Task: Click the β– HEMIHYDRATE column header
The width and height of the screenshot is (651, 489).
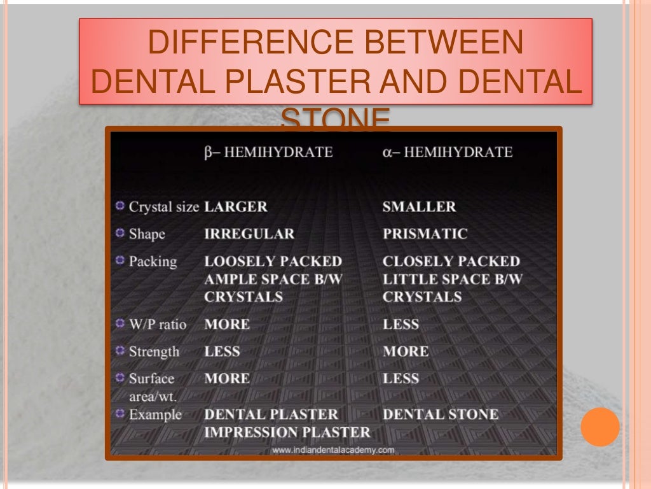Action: point(268,152)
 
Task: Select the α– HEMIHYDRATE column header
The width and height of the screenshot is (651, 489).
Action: point(447,152)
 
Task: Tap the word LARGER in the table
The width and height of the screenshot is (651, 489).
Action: point(236,207)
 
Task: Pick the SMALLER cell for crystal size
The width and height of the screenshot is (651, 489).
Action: point(419,207)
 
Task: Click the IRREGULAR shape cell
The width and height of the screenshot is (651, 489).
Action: point(249,234)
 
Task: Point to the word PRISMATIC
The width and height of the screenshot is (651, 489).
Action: point(425,234)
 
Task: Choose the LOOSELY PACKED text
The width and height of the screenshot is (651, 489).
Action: point(273,261)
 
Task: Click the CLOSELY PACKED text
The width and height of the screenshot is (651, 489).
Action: point(451,261)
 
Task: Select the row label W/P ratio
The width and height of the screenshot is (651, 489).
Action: point(158,324)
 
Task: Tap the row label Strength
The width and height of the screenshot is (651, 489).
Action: point(154,351)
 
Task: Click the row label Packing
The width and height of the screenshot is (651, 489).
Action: point(153,261)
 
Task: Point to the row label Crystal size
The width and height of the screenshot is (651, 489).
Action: point(164,207)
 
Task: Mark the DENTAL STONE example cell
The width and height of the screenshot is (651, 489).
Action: point(440,415)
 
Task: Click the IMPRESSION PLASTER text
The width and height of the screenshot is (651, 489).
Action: point(287,432)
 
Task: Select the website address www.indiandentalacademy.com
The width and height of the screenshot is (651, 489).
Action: point(334,450)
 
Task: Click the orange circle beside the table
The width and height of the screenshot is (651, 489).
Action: point(600,427)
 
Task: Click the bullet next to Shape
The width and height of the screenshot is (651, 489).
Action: point(120,233)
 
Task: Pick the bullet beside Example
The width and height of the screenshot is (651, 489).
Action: point(120,414)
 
